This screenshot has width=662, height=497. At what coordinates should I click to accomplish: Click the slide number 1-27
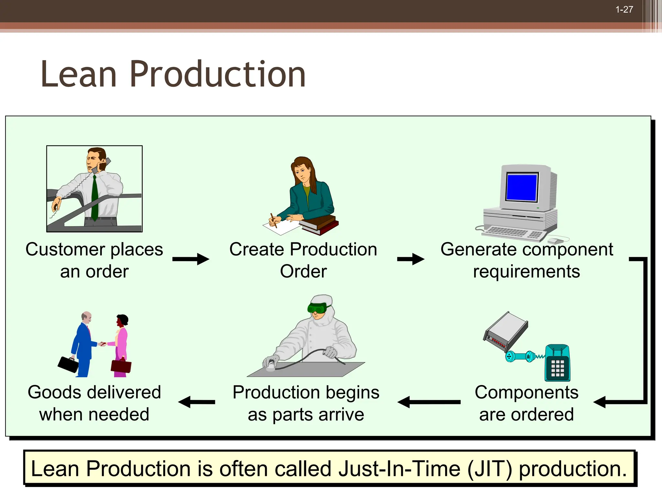pos(624,10)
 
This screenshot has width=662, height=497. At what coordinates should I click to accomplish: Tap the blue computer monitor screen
pos(521,187)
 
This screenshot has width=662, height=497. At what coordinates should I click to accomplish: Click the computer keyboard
pos(511,233)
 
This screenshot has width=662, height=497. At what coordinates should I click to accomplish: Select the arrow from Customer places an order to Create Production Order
pos(191,259)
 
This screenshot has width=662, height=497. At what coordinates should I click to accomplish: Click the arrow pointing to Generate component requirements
pos(411,259)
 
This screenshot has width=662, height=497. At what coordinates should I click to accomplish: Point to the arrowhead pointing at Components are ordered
pos(600,402)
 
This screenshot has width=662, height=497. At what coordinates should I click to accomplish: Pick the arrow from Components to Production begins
pos(429,402)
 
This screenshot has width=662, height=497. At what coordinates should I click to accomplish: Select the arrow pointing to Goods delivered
pos(196,402)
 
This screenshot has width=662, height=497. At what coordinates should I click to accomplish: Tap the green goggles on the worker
pos(317,308)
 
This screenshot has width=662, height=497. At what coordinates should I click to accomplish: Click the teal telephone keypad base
pos(558,364)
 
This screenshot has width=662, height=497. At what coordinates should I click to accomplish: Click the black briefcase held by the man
pos(68,364)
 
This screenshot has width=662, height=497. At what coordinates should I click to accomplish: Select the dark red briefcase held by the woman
pos(121,366)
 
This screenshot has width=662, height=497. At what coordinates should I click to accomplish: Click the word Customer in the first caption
pos(65,249)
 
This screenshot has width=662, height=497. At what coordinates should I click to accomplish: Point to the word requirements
pos(526,271)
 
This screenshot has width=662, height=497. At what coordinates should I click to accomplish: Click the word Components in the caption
pos(526,392)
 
